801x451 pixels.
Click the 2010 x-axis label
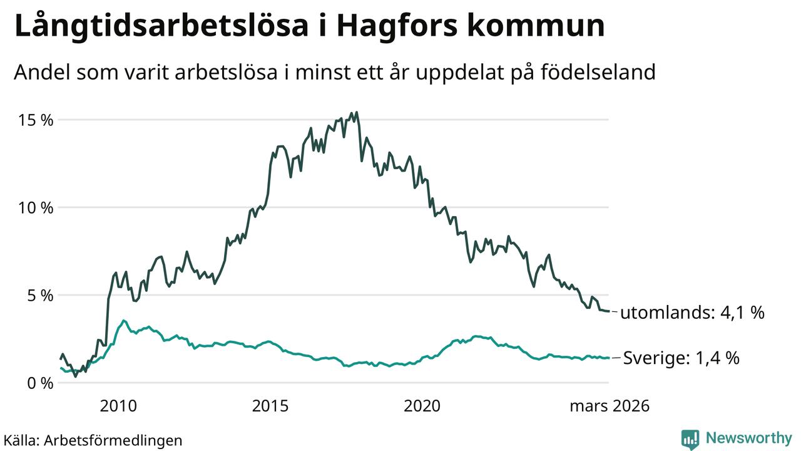pyautogui.click(x=118, y=407)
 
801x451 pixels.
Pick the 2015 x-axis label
pyautogui.click(x=270, y=407)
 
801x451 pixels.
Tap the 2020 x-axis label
pyautogui.click(x=422, y=407)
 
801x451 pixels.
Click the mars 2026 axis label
pyautogui.click(x=609, y=407)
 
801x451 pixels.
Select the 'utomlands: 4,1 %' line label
pyautogui.click(x=692, y=313)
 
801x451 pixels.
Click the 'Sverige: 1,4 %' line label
pyautogui.click(x=681, y=358)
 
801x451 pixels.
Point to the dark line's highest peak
pyautogui.click(x=356, y=113)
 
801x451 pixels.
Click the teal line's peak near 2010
pyautogui.click(x=123, y=321)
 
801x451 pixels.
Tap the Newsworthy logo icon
pyautogui.click(x=690, y=439)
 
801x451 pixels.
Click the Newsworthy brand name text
pyautogui.click(x=748, y=438)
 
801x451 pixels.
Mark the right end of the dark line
pyautogui.click(x=609, y=311)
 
